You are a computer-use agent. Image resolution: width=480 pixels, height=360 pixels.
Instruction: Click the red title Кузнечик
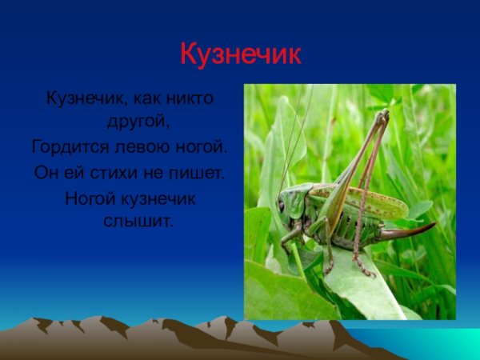pyautogui.click(x=240, y=54)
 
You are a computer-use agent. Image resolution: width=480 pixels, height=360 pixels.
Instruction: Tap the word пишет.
pyautogui.click(x=197, y=172)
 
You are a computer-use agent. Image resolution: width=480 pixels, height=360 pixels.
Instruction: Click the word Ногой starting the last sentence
pyautogui.click(x=89, y=196)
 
